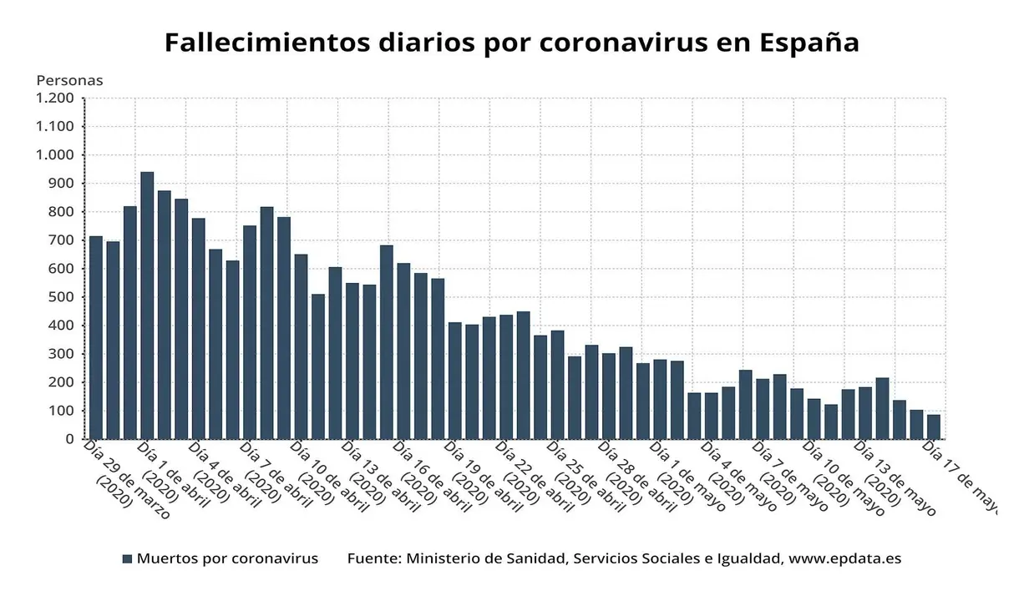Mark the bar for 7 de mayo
[x=763, y=409]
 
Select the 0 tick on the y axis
[x=69, y=439]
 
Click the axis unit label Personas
[x=69, y=81]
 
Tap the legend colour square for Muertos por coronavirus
[x=127, y=558]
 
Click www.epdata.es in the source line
[x=844, y=558]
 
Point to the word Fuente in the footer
[x=373, y=558]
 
